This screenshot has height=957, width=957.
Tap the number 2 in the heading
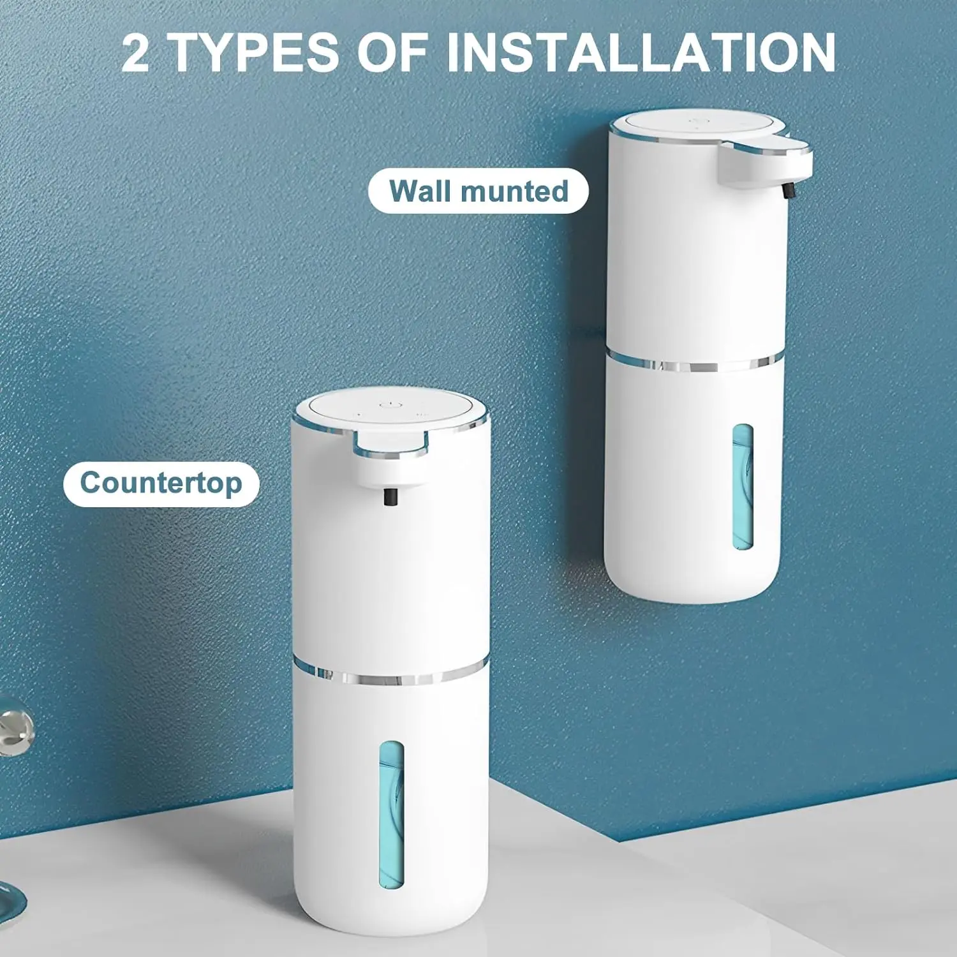[135, 54]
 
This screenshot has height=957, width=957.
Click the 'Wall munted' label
[478, 191]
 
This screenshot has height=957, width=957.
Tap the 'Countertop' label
[161, 484]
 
